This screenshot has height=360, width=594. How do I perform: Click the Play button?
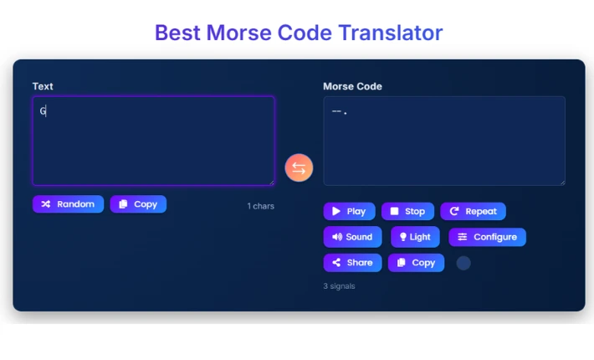(x=348, y=211)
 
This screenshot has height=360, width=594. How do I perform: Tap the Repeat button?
(x=473, y=211)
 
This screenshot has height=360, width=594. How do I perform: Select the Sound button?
(x=352, y=237)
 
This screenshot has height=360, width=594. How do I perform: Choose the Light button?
(x=415, y=237)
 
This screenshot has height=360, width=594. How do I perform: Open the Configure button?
(x=487, y=237)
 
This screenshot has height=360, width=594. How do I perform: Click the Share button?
(x=352, y=263)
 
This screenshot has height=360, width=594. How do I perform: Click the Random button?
(x=68, y=204)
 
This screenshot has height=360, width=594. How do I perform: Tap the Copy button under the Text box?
(x=138, y=204)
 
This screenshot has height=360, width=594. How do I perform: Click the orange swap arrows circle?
(x=299, y=167)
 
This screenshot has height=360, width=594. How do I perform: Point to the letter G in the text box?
(x=43, y=111)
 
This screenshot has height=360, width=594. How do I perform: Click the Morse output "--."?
(x=340, y=111)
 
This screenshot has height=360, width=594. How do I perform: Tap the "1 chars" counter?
(x=260, y=206)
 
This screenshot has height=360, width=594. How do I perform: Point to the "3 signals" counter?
(x=339, y=286)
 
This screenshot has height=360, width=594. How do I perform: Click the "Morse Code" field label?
(x=352, y=86)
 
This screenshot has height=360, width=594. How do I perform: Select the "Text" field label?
(x=43, y=86)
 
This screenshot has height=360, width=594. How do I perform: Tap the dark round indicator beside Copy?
(x=463, y=263)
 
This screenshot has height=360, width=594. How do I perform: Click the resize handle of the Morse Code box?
(x=561, y=182)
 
